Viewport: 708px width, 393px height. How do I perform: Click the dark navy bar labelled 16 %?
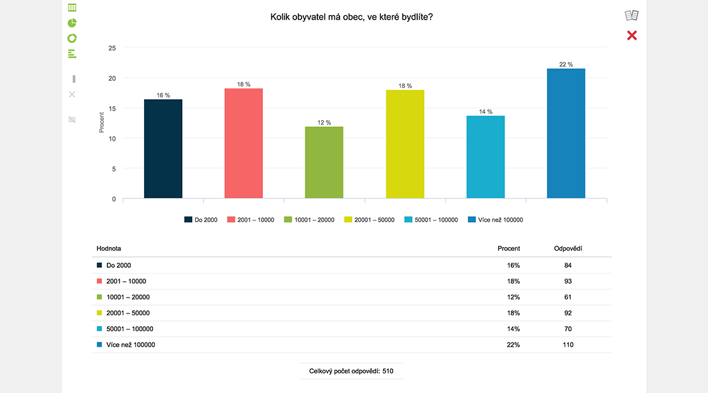tap(163, 148)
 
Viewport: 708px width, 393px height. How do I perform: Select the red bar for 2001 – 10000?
tap(243, 143)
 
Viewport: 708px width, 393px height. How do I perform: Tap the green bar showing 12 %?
tap(324, 162)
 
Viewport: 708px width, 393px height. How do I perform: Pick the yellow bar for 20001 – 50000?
tap(405, 144)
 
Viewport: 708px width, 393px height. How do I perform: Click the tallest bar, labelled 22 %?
tap(566, 133)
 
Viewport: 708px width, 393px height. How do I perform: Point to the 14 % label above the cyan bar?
tap(485, 112)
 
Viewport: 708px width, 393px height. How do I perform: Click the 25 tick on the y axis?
tap(112, 48)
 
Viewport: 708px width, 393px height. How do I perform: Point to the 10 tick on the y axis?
tap(112, 138)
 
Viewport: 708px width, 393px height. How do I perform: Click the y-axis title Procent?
tap(102, 123)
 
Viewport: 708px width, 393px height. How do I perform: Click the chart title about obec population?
tap(351, 17)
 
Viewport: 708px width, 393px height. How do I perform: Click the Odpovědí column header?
tap(568, 248)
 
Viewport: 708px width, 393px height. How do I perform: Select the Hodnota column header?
tap(109, 248)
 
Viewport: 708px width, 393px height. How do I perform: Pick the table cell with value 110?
tap(568, 345)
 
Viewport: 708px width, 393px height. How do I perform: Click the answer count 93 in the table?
tap(568, 281)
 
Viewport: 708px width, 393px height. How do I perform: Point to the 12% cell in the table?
tap(513, 297)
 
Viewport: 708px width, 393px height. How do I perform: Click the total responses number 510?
tap(388, 371)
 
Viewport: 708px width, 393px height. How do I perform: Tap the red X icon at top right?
tap(632, 35)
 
